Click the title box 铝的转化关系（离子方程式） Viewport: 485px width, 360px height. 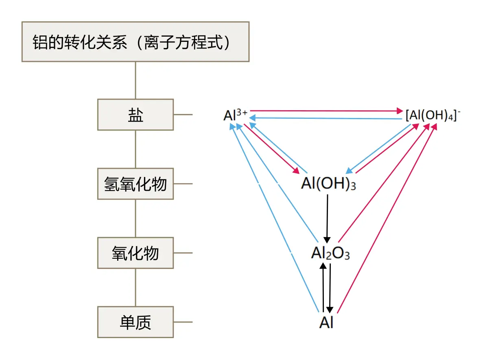pyautogui.click(x=135, y=42)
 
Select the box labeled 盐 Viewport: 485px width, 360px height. pyautogui.click(x=135, y=115)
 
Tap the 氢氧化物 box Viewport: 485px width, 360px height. pyautogui.click(x=135, y=184)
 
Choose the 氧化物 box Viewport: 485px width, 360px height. pyautogui.click(x=135, y=253)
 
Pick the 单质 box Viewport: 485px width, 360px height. pyautogui.click(x=135, y=322)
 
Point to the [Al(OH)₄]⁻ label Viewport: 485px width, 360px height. pyautogui.click(x=433, y=116)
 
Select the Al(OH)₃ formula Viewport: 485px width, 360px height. pyautogui.click(x=328, y=184)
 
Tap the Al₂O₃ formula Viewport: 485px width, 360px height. pyautogui.click(x=330, y=253)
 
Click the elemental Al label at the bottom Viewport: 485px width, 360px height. pyautogui.click(x=326, y=323)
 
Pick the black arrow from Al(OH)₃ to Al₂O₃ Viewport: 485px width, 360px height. pyautogui.click(x=327, y=218)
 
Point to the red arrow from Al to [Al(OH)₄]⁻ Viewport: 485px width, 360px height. pyautogui.click(x=387, y=220)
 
